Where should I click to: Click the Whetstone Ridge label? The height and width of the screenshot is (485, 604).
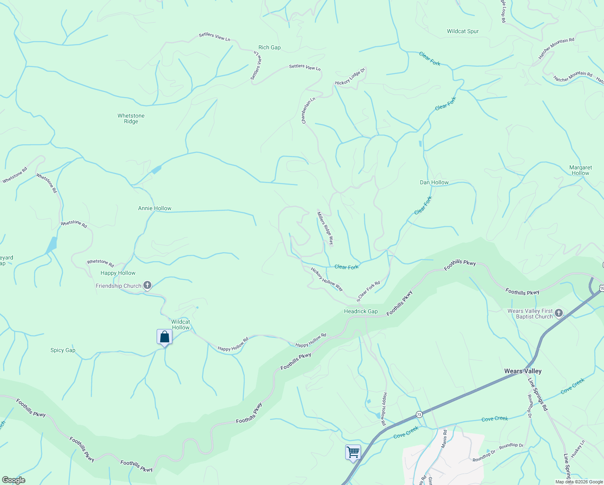131,118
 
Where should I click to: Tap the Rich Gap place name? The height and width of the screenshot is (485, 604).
269,47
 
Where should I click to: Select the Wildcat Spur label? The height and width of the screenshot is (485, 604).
463,31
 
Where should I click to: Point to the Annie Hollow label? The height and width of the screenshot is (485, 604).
155,208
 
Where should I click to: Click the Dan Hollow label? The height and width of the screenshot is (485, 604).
434,182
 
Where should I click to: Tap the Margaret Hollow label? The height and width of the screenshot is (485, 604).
581,170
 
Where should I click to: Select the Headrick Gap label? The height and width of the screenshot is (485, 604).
361,311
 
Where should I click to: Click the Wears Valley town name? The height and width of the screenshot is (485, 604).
523,371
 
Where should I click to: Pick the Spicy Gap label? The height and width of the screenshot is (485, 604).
63,350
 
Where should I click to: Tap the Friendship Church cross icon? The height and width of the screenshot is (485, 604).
147,286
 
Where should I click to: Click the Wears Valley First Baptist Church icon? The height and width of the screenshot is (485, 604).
559,313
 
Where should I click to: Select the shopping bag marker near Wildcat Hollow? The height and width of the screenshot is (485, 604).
164,337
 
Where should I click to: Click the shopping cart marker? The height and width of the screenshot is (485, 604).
353,452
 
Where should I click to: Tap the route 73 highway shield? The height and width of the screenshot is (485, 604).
419,414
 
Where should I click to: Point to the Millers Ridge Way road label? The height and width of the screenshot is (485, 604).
325,228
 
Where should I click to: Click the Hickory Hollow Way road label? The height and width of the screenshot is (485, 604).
327,279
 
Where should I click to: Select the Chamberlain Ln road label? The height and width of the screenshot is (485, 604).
308,110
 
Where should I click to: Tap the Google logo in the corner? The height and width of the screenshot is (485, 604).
14,480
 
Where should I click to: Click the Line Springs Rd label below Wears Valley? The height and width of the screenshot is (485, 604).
538,394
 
